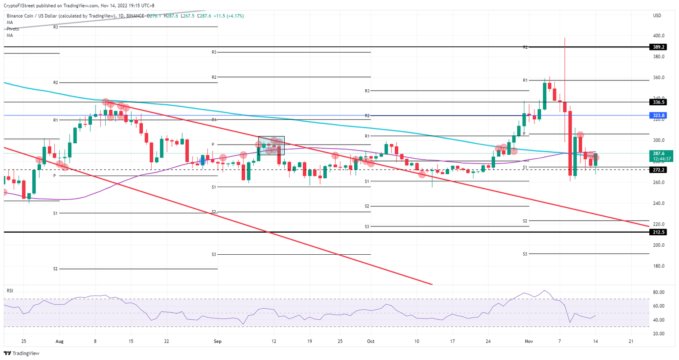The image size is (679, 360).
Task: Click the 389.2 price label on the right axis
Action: pos(659,47)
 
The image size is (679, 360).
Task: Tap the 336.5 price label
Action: pos(659,102)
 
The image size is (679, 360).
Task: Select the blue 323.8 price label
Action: pos(659,115)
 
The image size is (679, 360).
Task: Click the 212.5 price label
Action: pos(659,232)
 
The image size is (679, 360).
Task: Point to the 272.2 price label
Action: pos(659,170)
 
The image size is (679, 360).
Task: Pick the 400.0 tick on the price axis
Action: pos(659,36)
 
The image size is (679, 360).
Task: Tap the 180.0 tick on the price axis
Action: pos(659,266)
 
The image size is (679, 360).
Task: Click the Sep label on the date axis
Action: pos(217,341)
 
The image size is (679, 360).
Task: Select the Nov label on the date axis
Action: pos(529,341)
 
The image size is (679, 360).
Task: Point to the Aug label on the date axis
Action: pos(60,341)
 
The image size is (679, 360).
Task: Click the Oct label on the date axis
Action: pos(370,341)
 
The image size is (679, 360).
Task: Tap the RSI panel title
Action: pos(10,291)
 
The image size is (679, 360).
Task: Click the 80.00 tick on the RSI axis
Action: pos(659,292)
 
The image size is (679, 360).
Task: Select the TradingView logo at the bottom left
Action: pos(22,353)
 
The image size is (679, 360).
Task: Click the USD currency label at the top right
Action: pos(657,16)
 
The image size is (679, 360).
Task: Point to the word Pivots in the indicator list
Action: pos(13,29)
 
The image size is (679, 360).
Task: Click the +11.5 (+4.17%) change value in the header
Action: pos(229,16)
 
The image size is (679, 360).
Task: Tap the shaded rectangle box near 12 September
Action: pos(271,146)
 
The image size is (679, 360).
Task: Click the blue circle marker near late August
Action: pos(202,161)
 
